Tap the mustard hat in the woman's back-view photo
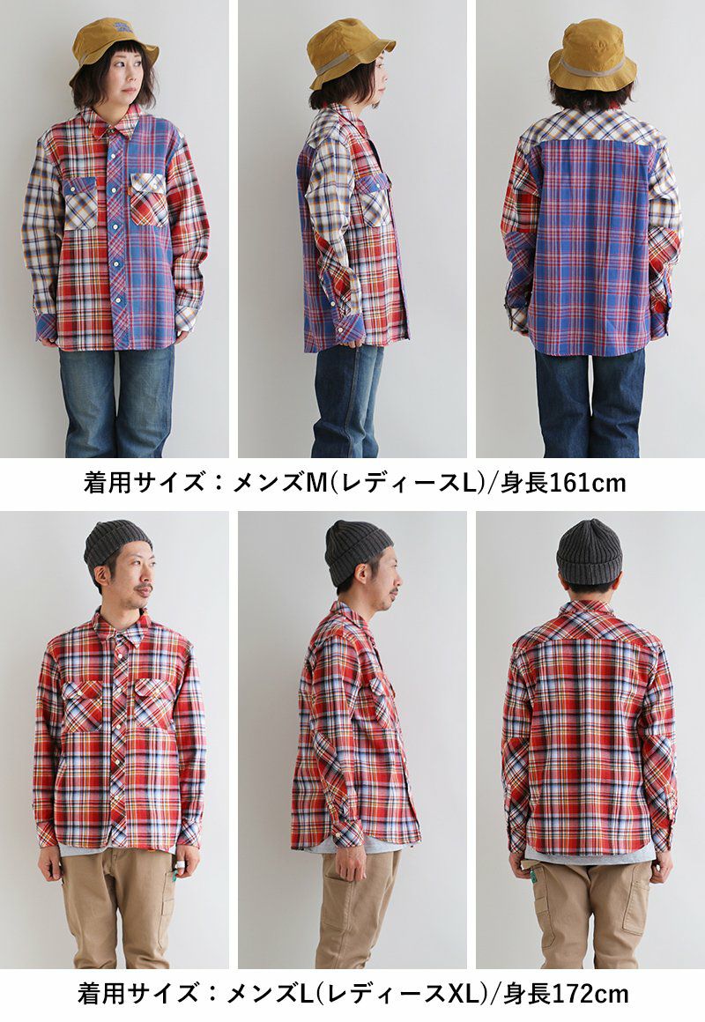click(592, 55)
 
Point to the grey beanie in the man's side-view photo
click(357, 551)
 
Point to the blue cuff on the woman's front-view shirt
click(47, 327)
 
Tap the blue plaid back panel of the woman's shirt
click(591, 248)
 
